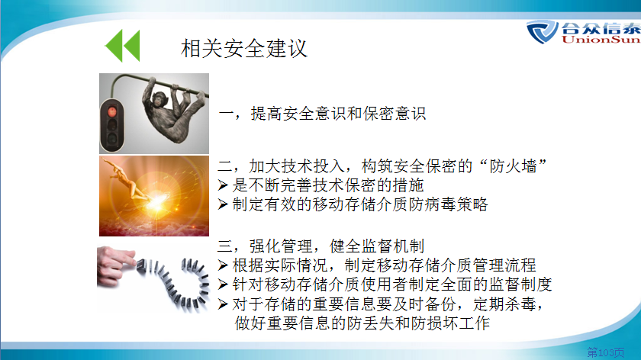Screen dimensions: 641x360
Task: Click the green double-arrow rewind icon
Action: point(123,45)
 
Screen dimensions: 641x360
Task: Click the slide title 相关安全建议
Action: point(244,49)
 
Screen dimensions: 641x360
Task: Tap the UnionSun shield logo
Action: point(542,31)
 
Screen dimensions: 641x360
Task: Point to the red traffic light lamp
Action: point(111,111)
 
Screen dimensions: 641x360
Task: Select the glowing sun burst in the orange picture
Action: point(157,201)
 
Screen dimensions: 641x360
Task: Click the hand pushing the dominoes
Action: point(115,265)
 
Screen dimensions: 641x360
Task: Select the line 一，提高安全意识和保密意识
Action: point(322,114)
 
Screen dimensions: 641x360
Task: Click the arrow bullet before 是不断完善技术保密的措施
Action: point(223,185)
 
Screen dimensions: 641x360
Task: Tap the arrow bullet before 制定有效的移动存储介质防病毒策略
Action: point(223,204)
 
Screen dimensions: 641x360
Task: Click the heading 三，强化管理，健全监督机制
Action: point(320,246)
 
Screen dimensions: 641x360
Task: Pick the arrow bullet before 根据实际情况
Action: point(223,265)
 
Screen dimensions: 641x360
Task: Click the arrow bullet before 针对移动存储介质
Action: point(223,284)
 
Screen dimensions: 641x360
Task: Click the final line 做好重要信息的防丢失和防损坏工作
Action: point(362,323)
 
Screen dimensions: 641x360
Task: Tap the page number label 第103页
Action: point(606,352)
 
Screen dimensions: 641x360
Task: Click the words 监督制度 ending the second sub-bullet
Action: point(520,284)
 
